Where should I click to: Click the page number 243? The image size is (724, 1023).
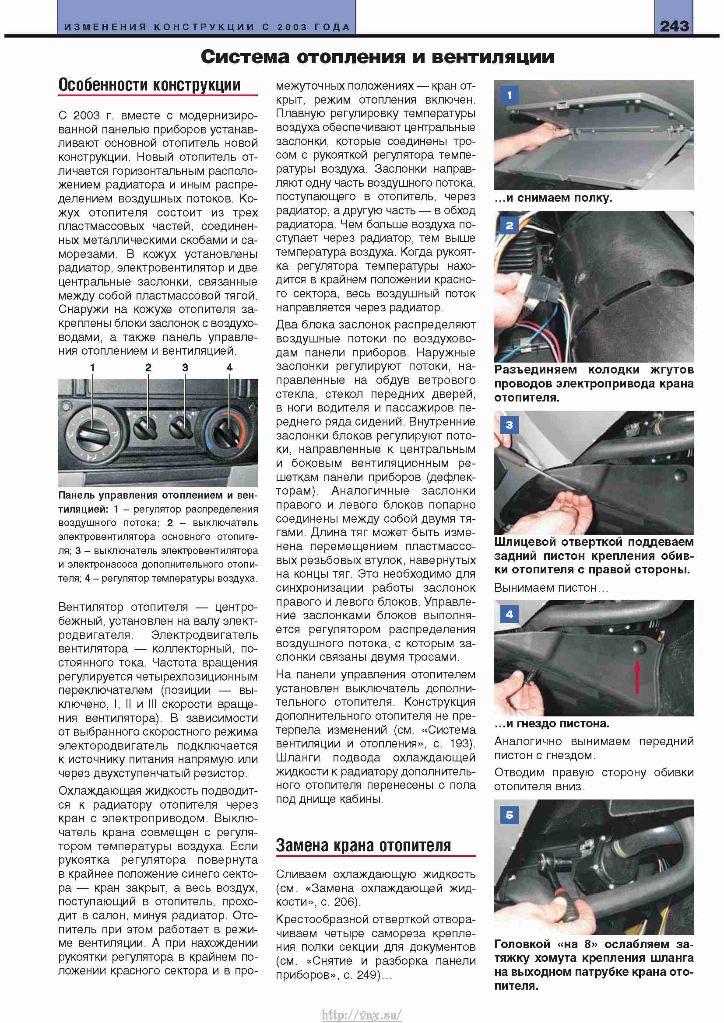point(674,26)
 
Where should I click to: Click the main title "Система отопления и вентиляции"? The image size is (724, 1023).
point(377,57)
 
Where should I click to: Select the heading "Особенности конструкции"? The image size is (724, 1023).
point(149,85)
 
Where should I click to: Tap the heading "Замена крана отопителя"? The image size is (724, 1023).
point(363,845)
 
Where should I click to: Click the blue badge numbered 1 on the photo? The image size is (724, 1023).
point(510,95)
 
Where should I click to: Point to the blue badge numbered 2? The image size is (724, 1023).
point(510,225)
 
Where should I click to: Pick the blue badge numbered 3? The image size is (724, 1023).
point(510,425)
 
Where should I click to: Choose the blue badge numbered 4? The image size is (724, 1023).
point(510,614)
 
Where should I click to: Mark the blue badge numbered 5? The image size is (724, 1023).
point(510,815)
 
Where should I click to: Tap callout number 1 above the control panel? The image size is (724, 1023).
point(92,367)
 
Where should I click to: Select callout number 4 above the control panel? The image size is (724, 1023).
point(229,367)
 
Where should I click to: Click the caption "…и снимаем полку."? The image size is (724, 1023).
point(553,198)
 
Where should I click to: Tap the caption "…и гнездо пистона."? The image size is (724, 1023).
point(552,723)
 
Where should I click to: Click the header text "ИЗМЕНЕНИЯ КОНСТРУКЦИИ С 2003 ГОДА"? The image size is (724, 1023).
point(207,27)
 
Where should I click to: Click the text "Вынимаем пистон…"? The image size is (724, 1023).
point(551,588)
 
